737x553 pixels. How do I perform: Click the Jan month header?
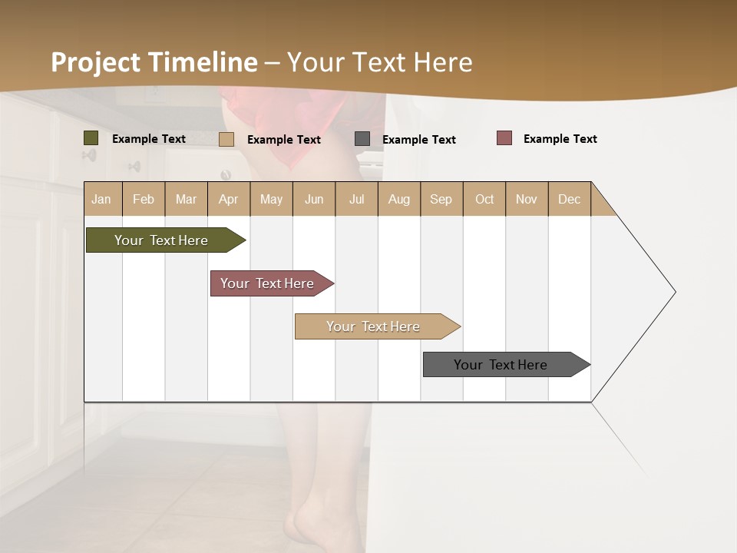coord(102,199)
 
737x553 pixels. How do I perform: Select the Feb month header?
coord(144,199)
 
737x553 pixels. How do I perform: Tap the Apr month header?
coord(229,199)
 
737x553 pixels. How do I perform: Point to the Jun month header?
coord(314,199)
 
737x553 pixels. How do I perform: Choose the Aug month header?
coord(399,199)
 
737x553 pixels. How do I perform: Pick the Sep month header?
coord(441,199)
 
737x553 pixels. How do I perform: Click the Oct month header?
coord(484,199)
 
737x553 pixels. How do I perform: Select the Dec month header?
coord(570,199)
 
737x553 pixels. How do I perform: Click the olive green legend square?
coord(91,138)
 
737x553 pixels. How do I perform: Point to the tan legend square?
coord(226,139)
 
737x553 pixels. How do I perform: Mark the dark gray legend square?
coord(362,139)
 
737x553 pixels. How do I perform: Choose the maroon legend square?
coord(504,138)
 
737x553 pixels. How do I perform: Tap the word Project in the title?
coord(95,62)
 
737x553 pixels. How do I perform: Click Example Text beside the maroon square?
coord(560,139)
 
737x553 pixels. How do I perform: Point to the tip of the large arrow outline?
coord(674,292)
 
